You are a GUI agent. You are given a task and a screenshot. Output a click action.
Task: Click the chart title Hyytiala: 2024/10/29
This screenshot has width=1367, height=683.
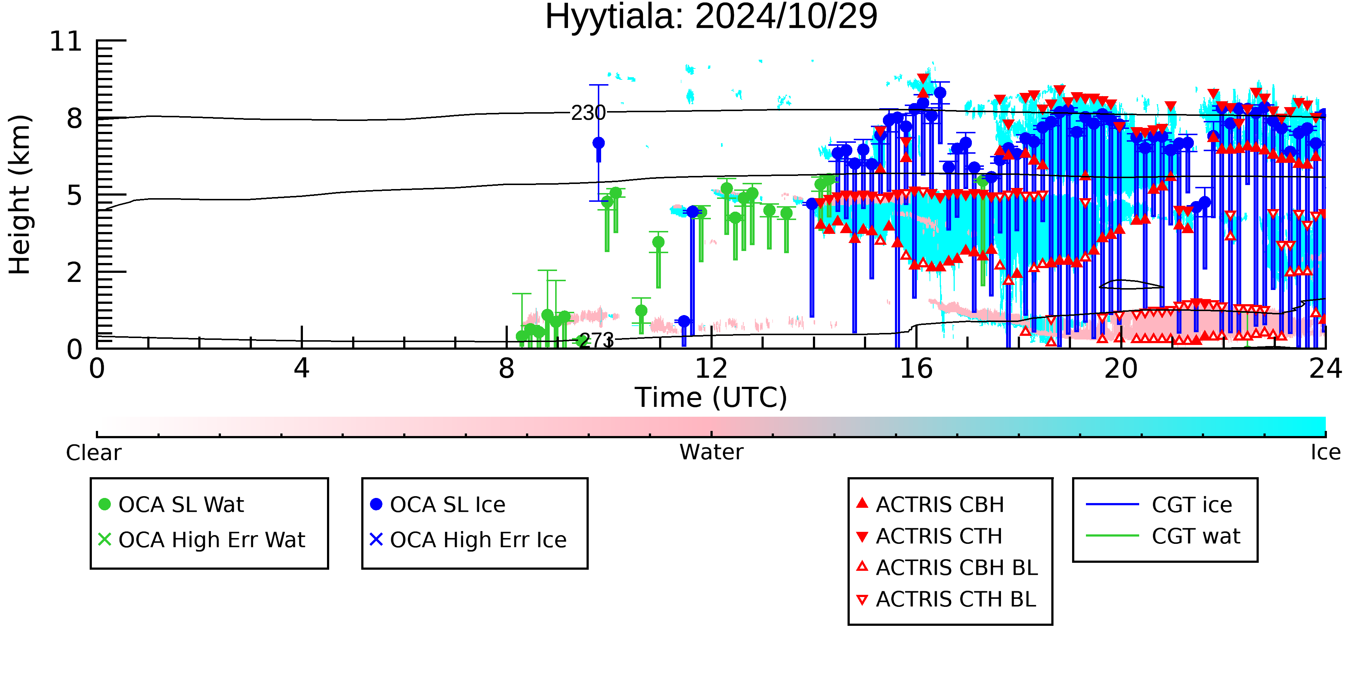coord(711,17)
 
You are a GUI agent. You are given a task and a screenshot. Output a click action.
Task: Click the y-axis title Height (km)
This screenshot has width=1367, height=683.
coord(20,195)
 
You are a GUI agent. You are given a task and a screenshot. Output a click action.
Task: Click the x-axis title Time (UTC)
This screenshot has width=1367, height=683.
coord(711,398)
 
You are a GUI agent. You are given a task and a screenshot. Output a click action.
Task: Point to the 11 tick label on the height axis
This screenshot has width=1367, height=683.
coord(66,42)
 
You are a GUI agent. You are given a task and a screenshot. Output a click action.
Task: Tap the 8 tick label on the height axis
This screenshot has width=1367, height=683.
coord(75,118)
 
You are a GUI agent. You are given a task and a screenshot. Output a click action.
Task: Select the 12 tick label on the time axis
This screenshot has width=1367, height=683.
coord(711,369)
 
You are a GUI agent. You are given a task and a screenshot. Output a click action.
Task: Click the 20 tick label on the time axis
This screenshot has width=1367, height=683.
coord(1121,369)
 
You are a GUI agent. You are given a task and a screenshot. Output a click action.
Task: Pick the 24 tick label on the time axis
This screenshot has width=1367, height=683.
coord(1325,369)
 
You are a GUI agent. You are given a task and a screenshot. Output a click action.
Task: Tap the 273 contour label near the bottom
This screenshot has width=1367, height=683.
coord(596,341)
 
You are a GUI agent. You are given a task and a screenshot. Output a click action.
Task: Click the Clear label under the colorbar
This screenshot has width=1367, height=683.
coord(93,453)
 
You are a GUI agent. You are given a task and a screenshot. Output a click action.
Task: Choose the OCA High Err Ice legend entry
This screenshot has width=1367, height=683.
coord(468,540)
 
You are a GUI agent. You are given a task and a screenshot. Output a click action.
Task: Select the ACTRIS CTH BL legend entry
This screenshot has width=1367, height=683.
coord(946,599)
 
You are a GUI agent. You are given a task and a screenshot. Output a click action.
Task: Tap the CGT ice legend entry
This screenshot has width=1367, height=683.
coord(1159,504)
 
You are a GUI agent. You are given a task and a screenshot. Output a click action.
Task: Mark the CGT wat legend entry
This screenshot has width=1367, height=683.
coord(1163,536)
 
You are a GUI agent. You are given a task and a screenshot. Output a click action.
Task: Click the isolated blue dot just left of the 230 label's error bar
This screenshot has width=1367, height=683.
coord(599,143)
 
